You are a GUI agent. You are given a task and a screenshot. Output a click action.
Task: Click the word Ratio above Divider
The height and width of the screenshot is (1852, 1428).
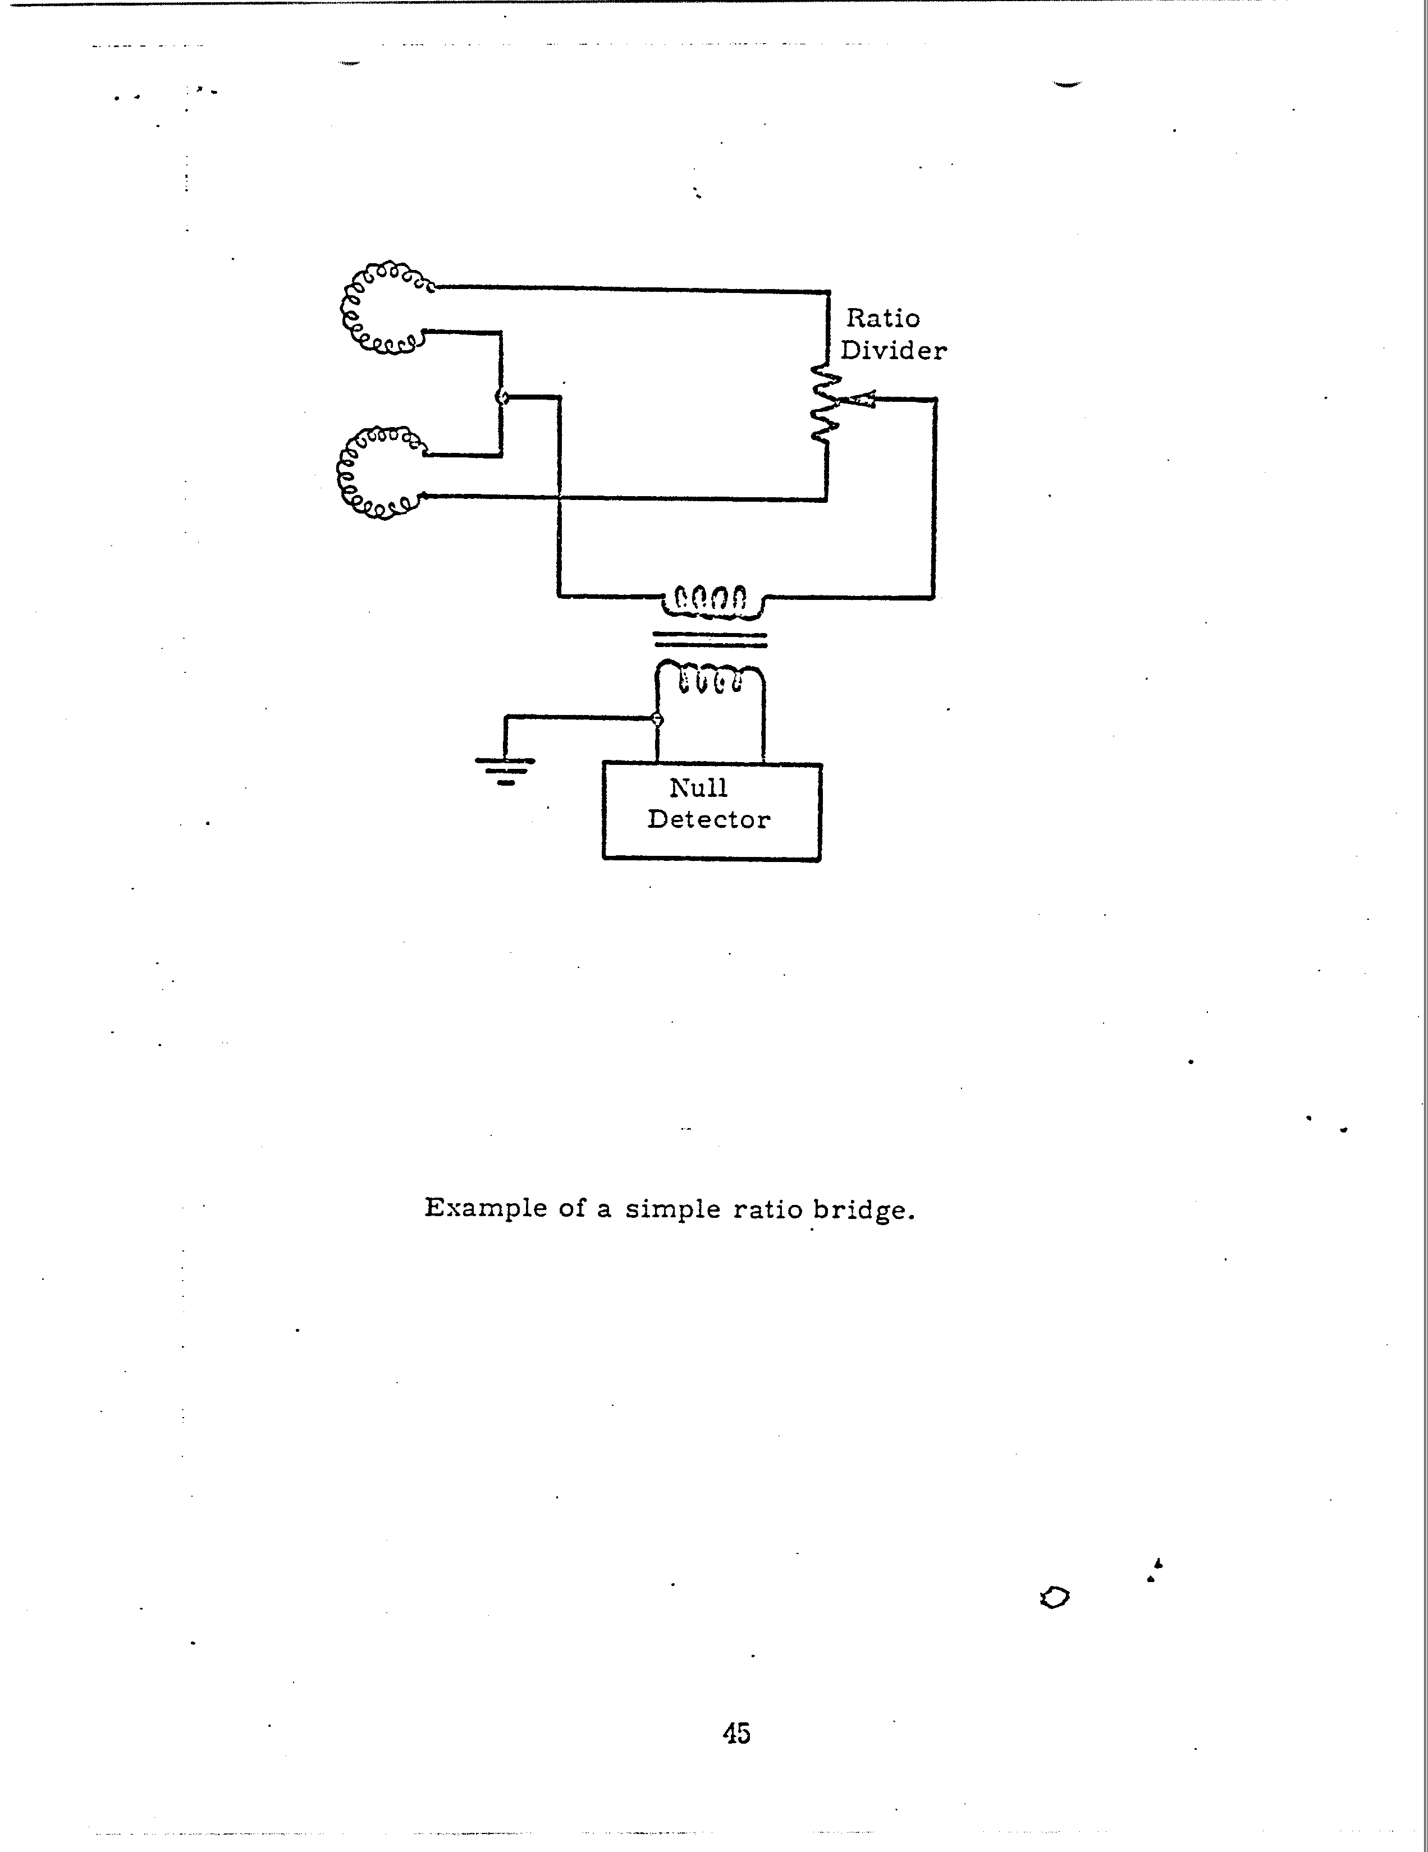coord(883,318)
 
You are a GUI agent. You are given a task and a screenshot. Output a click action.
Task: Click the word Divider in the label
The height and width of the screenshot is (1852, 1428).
coord(893,350)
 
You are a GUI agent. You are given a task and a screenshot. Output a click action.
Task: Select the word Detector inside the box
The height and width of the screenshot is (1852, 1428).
coord(709,819)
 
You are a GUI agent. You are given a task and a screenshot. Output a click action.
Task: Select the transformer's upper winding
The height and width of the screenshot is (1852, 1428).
coord(710,599)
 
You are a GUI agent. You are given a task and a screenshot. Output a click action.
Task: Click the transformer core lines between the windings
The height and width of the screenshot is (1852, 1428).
coord(710,639)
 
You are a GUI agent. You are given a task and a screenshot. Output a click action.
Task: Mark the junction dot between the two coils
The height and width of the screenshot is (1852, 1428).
coord(501,397)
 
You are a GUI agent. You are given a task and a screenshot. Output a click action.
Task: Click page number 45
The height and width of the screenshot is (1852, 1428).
coord(736,1732)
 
